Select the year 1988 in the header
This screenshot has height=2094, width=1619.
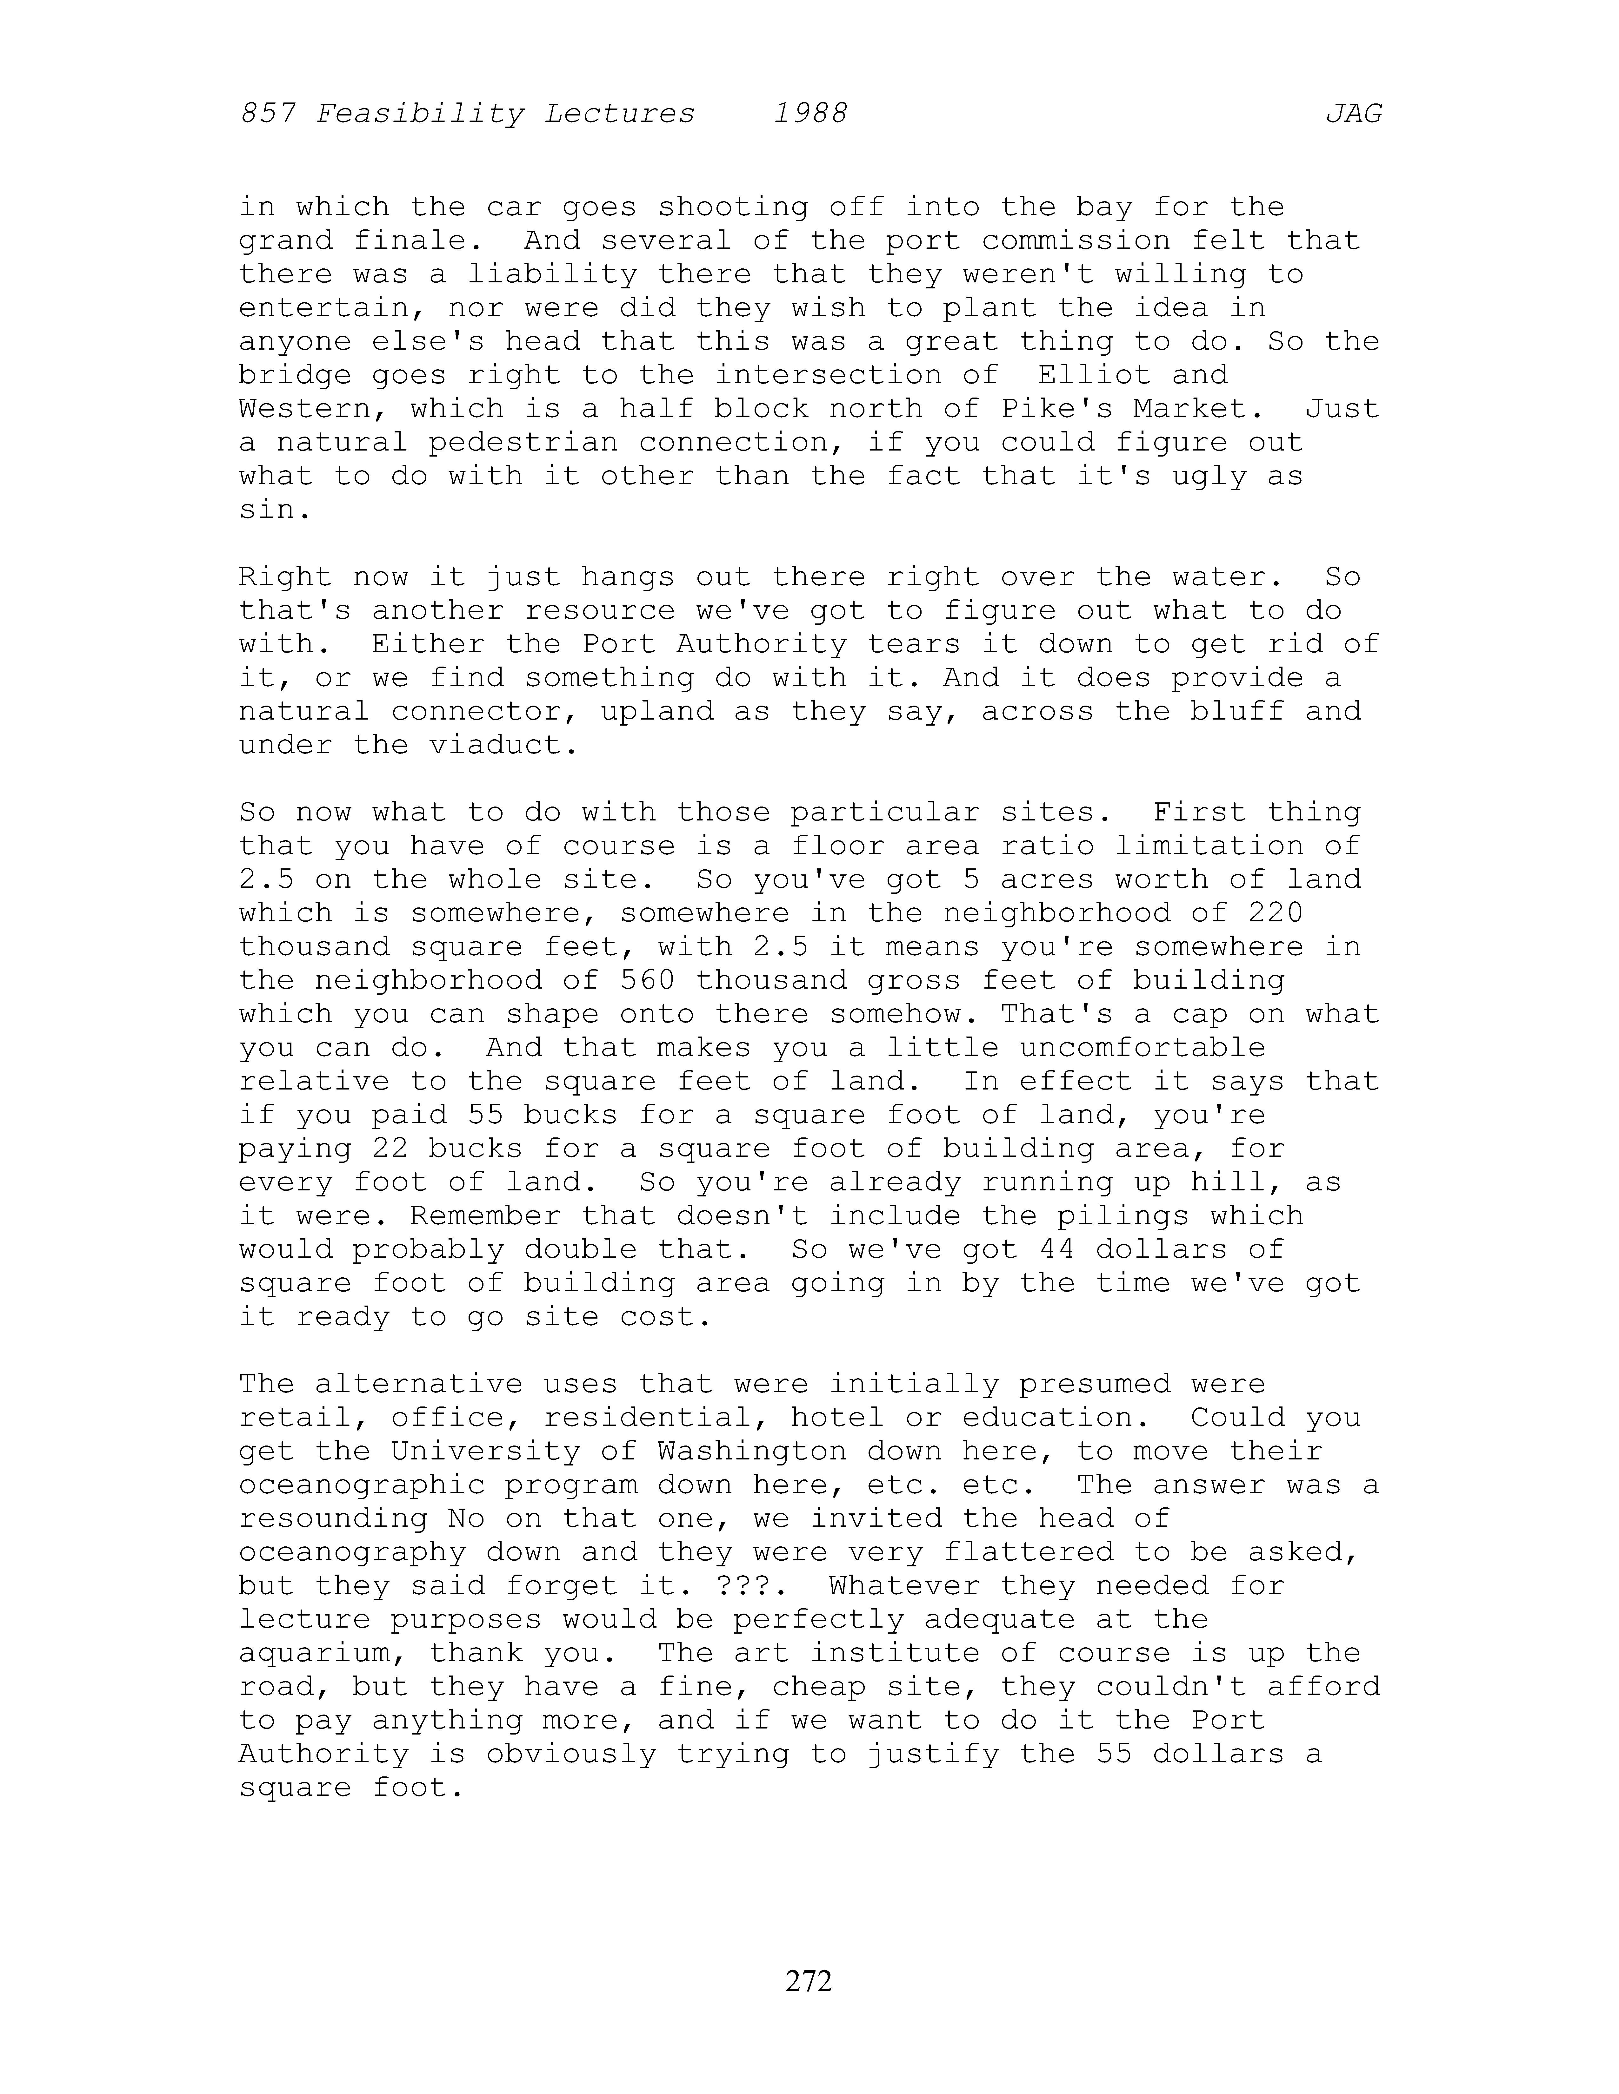coord(810,114)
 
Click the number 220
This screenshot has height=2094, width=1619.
coord(1275,913)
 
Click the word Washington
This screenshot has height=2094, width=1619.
coord(752,1451)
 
